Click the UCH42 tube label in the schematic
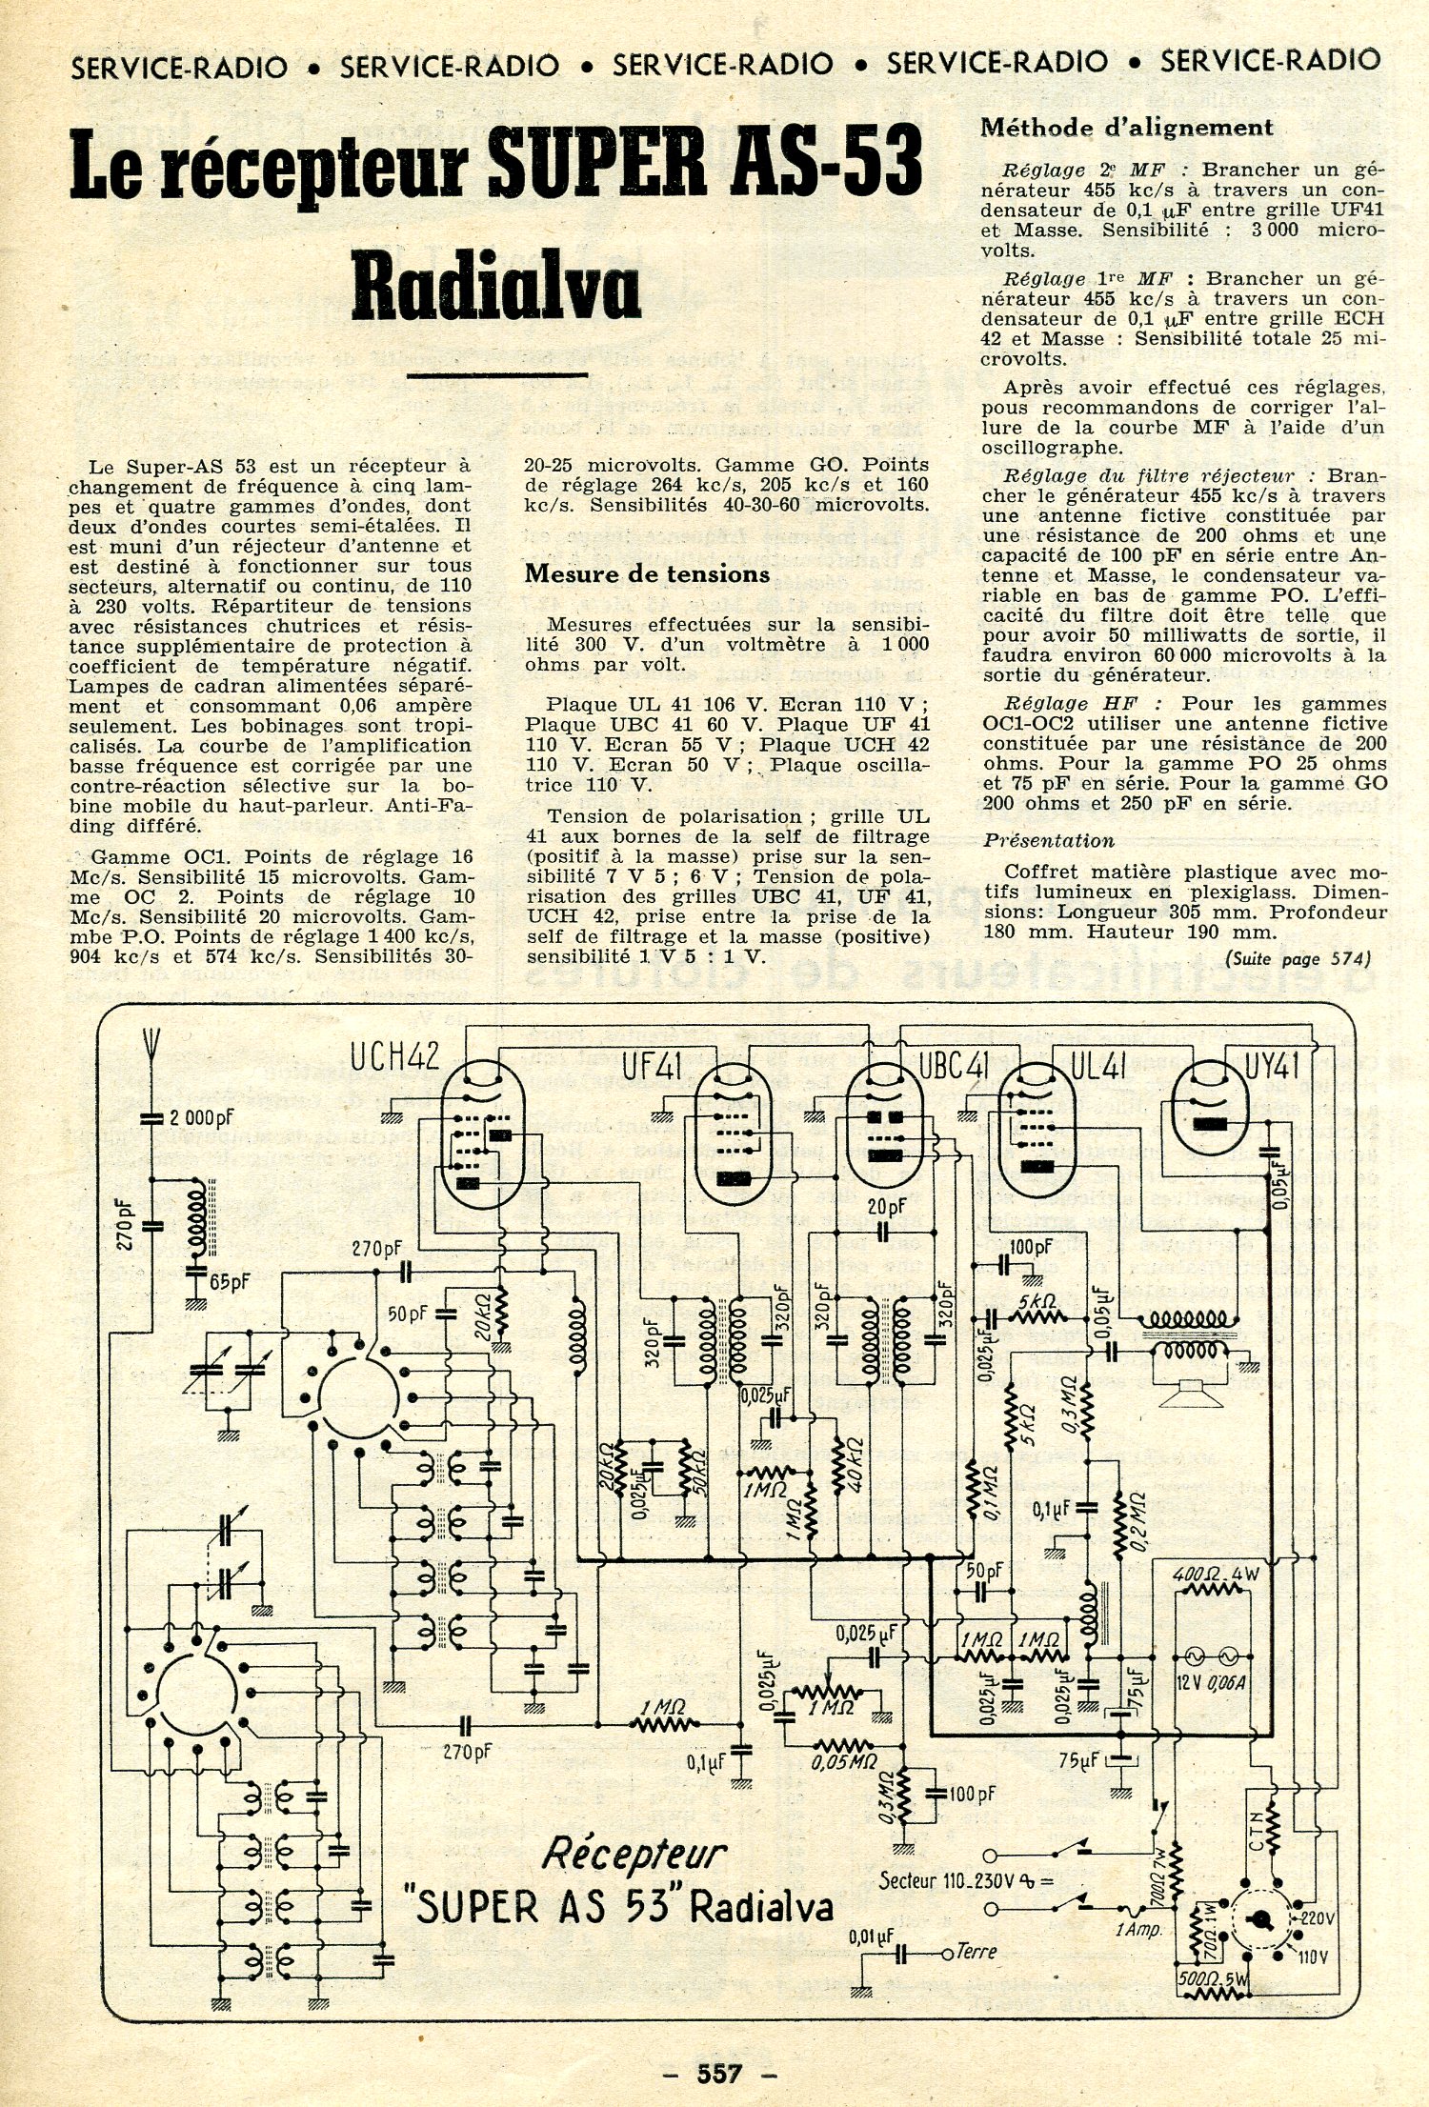click(x=393, y=1056)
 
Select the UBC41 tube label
click(x=954, y=1068)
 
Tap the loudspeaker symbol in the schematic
click(x=1190, y=1394)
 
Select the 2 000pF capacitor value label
click(x=200, y=1116)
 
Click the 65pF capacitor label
click(x=230, y=1282)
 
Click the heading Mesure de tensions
click(x=647, y=573)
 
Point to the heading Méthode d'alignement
click(x=1126, y=127)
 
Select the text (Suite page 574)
click(x=1298, y=958)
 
